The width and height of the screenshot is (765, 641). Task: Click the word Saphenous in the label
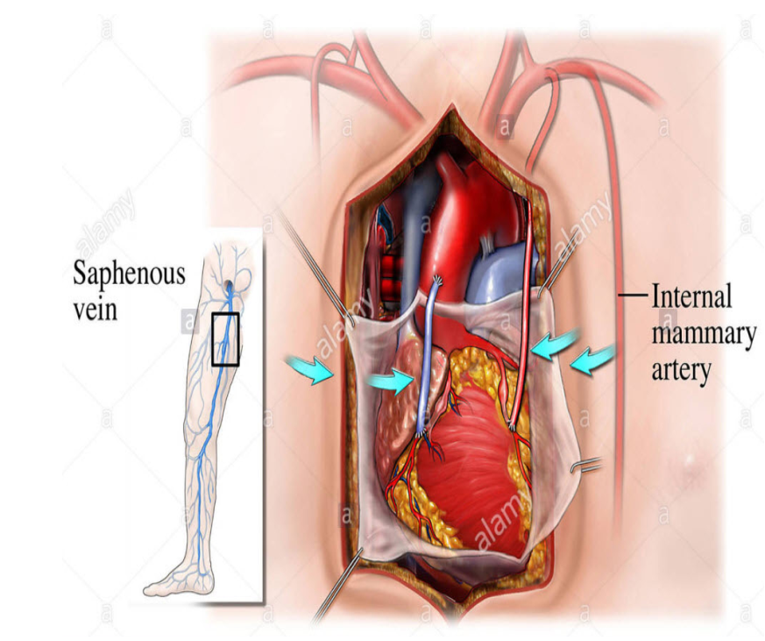[x=130, y=273]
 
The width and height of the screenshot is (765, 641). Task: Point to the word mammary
[x=702, y=334]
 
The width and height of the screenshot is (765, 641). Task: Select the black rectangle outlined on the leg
[x=226, y=338]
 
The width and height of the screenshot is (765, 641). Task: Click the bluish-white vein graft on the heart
[x=430, y=360]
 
